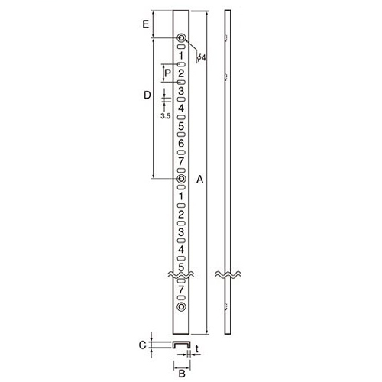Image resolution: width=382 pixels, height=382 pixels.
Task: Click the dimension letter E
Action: tap(146, 24)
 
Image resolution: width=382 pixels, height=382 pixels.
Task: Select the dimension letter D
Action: tap(147, 95)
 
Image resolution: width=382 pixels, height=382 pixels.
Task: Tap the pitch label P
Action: tap(167, 73)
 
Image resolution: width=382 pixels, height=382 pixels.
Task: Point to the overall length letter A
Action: tap(200, 180)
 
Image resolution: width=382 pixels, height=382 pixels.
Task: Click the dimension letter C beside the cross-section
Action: tap(143, 345)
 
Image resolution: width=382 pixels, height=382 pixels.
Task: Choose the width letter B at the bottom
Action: tap(182, 374)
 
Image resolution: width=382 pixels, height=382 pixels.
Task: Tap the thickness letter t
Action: tap(197, 349)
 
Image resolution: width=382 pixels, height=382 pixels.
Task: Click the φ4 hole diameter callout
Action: tap(201, 58)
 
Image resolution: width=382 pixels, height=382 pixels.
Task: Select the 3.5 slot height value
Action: tap(165, 116)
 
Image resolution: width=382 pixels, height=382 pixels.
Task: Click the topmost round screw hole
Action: tap(181, 38)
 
